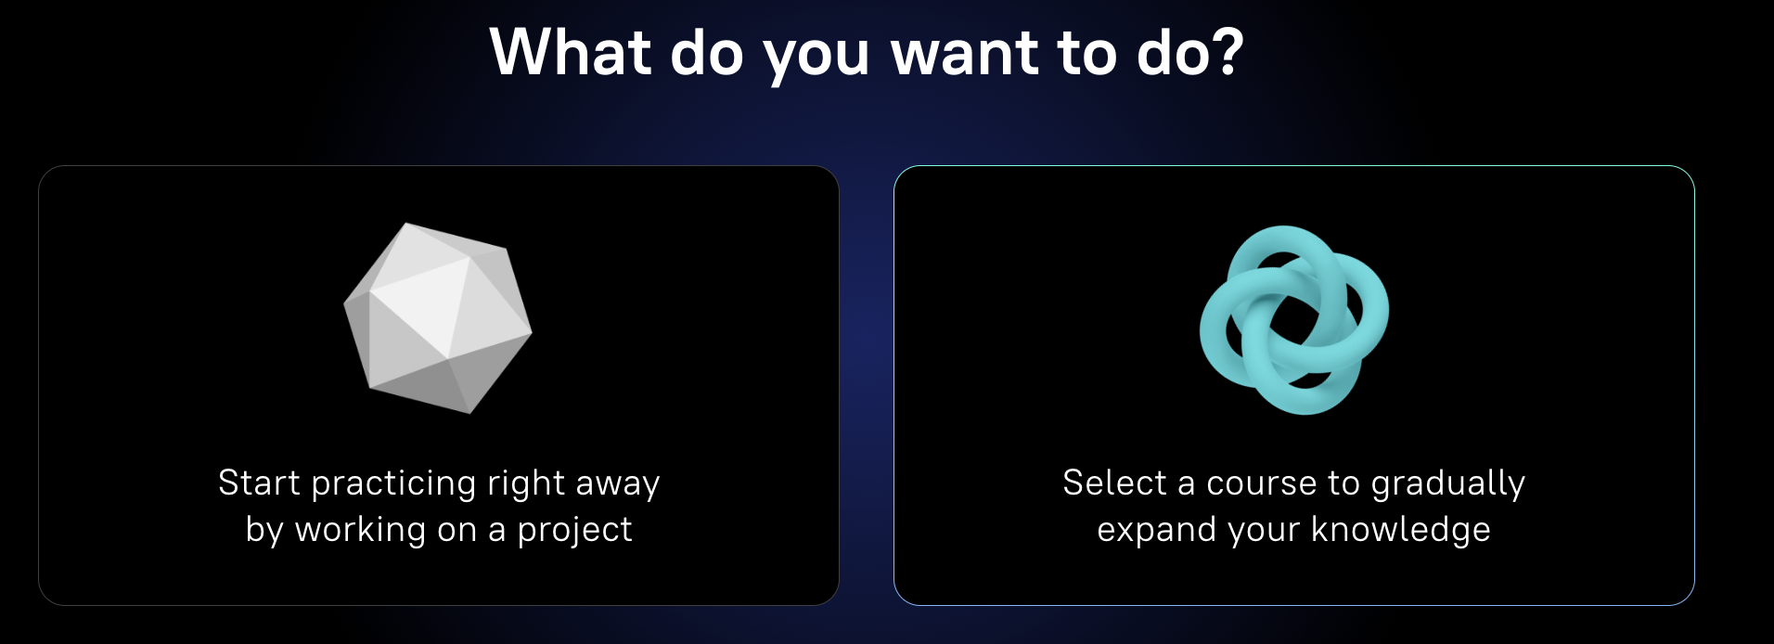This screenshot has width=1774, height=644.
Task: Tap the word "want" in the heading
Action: click(x=964, y=54)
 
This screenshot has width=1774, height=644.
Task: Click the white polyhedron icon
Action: click(x=438, y=317)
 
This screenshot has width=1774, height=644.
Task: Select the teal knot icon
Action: click(x=1293, y=319)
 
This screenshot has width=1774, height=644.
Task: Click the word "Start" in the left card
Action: click(x=259, y=483)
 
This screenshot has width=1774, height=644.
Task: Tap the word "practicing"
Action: click(x=394, y=484)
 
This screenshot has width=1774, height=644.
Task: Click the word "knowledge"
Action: click(x=1400, y=531)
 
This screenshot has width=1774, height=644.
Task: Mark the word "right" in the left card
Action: click(x=526, y=484)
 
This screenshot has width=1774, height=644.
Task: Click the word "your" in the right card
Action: click(x=1263, y=533)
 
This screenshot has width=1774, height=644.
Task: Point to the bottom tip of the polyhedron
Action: click(x=470, y=412)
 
